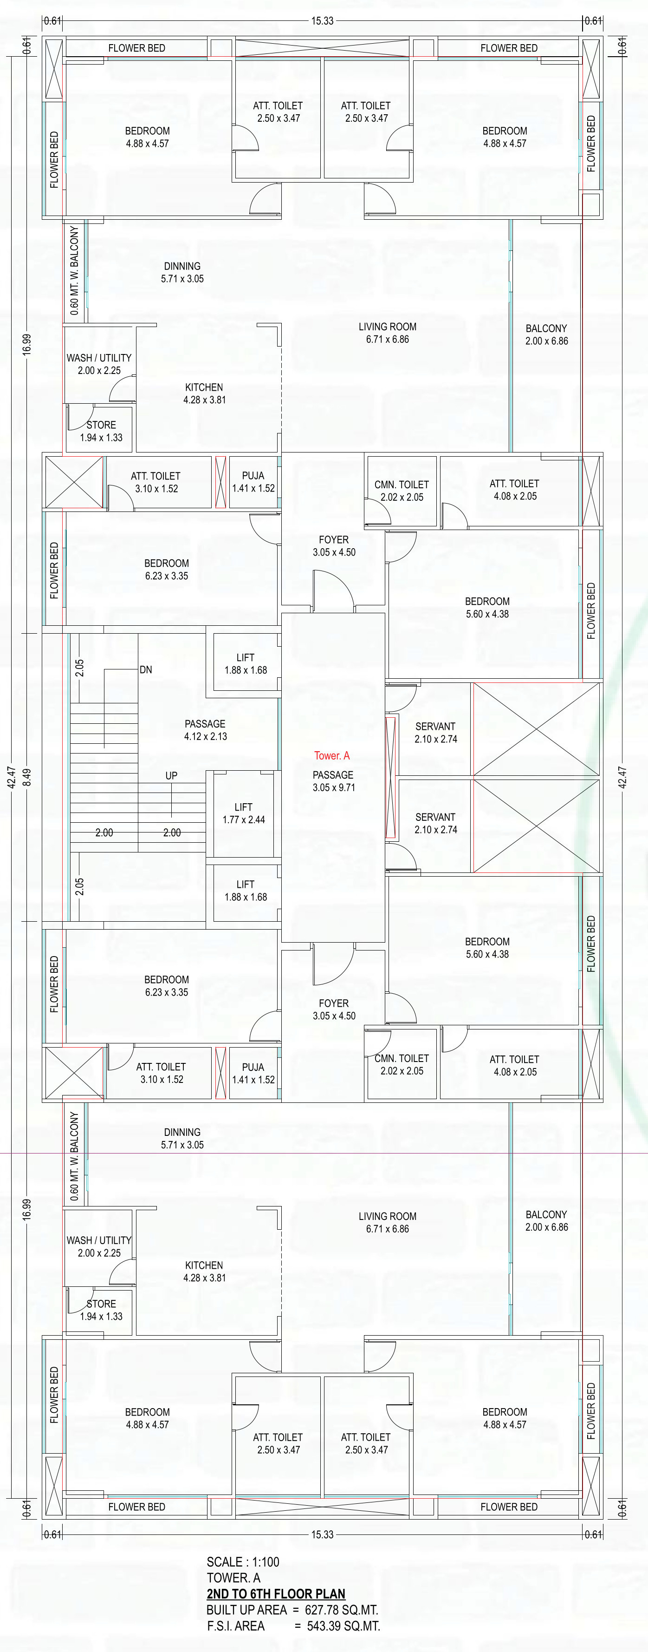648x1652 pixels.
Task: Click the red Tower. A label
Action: click(x=332, y=755)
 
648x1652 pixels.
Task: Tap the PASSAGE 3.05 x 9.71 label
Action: click(x=333, y=781)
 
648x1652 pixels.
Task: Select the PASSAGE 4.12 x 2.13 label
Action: click(x=205, y=730)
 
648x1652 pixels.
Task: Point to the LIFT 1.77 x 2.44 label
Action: click(x=244, y=813)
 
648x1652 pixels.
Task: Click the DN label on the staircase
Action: click(x=146, y=669)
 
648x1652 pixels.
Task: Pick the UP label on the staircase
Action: click(x=171, y=775)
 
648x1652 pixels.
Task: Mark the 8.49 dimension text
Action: click(x=26, y=778)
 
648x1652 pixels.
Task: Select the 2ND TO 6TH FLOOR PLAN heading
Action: click(x=276, y=1593)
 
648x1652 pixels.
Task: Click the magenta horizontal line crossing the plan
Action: click(x=324, y=1153)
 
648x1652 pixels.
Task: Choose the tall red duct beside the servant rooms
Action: click(x=390, y=777)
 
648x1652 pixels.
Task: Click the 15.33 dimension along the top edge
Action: click(x=323, y=20)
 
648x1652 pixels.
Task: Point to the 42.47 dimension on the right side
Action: click(x=622, y=777)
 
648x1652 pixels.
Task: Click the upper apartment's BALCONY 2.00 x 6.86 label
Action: click(x=546, y=334)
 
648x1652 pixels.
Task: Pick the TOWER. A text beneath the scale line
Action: click(x=233, y=1578)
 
